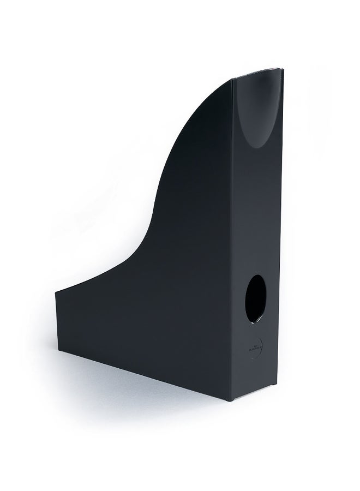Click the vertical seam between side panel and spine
pyautogui.click(x=236, y=245)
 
